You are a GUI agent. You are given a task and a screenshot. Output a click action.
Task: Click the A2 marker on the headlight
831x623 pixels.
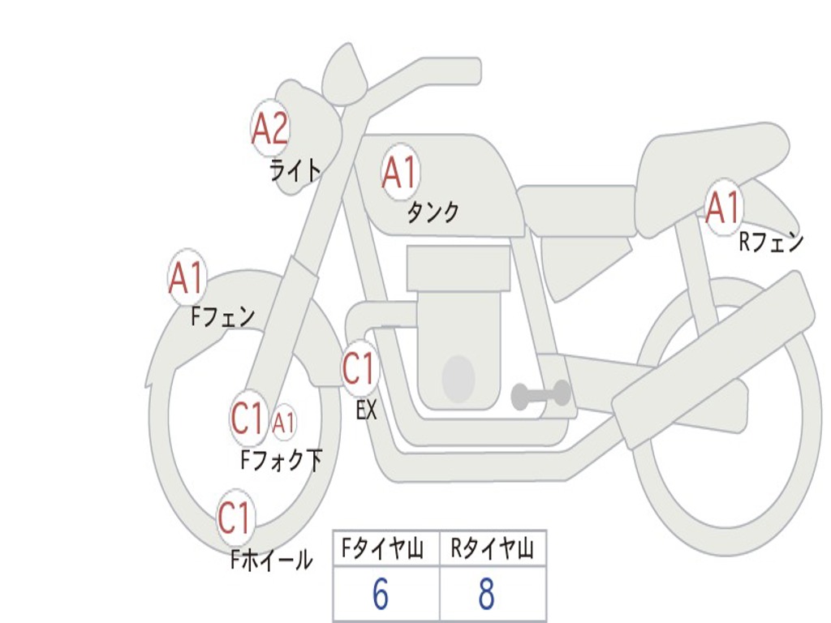pyautogui.click(x=270, y=128)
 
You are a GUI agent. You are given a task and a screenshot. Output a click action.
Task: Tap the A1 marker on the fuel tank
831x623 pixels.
pyautogui.click(x=399, y=173)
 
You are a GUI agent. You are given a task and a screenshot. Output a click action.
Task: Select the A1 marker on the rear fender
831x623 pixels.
pyautogui.click(x=722, y=208)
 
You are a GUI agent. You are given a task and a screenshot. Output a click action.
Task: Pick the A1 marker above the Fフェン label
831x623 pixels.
pyautogui.click(x=187, y=278)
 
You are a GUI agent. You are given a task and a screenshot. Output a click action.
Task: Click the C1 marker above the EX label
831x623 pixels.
pyautogui.click(x=360, y=369)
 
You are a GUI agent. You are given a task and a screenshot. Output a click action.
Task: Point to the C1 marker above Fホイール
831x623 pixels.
pyautogui.click(x=235, y=518)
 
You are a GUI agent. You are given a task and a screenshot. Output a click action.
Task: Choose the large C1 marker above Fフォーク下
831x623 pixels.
pyautogui.click(x=248, y=419)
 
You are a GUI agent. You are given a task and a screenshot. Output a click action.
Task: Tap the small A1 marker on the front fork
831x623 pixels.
pyautogui.click(x=283, y=423)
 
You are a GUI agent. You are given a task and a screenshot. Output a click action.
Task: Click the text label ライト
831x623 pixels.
pyautogui.click(x=295, y=170)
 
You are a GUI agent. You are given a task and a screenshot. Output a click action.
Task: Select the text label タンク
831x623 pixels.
pyautogui.click(x=433, y=213)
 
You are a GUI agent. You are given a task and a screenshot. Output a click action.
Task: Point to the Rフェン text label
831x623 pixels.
pyautogui.click(x=771, y=242)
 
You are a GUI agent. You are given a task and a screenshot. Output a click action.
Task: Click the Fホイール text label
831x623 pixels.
pyautogui.click(x=271, y=560)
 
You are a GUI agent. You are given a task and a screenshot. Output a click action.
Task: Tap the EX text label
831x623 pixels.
pyautogui.click(x=367, y=410)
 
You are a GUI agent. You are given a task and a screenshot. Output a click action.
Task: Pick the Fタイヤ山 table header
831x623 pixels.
pyautogui.click(x=381, y=550)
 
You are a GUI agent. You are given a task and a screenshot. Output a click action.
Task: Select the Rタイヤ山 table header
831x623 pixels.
pyautogui.click(x=492, y=550)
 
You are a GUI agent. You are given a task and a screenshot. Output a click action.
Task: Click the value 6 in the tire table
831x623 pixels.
pyautogui.click(x=380, y=595)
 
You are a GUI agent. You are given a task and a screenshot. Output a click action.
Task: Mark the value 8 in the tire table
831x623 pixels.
pyautogui.click(x=486, y=595)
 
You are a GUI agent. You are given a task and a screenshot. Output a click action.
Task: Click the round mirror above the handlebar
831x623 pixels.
pyautogui.click(x=344, y=75)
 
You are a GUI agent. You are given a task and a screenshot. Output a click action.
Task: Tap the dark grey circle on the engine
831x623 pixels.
pyautogui.click(x=459, y=379)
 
